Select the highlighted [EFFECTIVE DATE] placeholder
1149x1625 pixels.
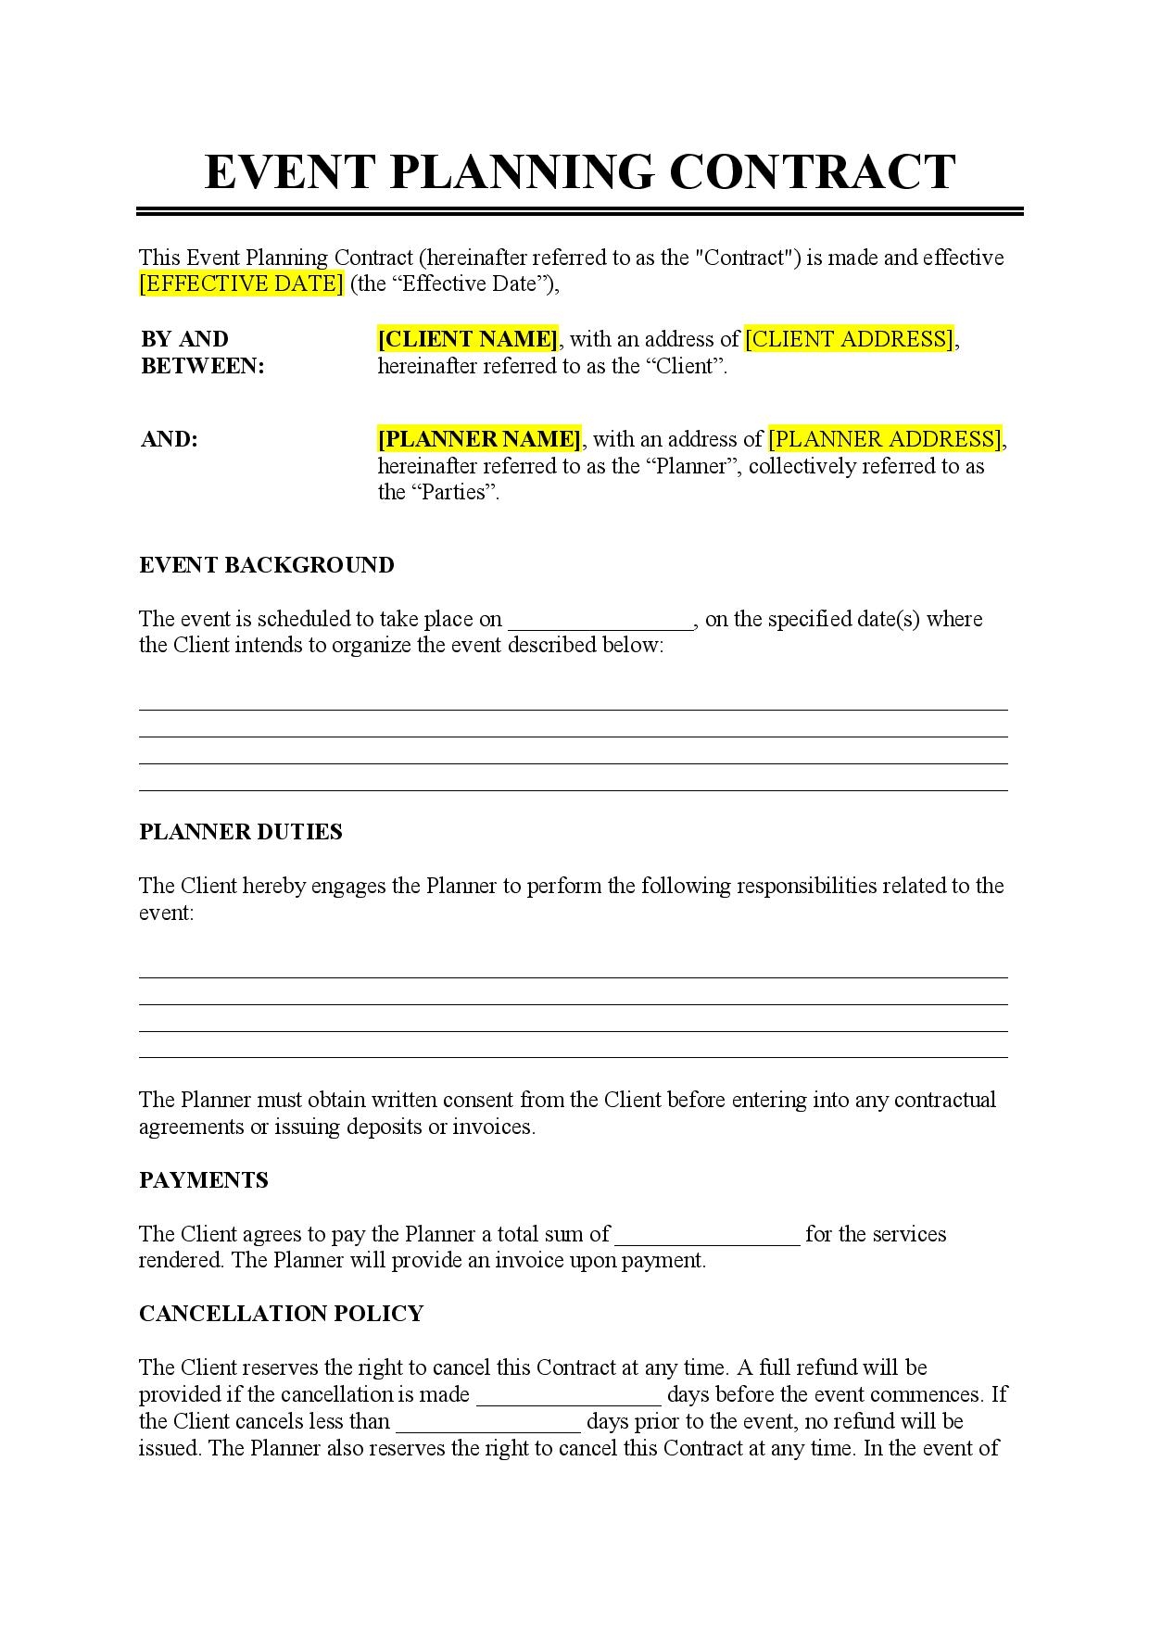241,283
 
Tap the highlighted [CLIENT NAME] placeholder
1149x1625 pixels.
468,339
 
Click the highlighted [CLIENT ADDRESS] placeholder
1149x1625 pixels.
850,339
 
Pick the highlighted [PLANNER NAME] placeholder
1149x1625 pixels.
479,439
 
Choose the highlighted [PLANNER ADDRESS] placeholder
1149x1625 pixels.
886,439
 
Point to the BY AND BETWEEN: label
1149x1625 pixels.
202,352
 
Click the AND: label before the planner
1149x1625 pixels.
169,439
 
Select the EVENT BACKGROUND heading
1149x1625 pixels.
266,565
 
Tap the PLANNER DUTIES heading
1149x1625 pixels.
240,832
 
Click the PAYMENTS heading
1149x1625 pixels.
203,1180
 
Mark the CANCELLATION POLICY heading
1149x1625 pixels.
281,1314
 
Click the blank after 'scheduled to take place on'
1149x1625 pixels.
601,621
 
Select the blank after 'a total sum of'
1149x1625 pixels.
707,1236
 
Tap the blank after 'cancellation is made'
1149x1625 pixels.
568,1396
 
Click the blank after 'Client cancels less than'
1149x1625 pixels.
488,1423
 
